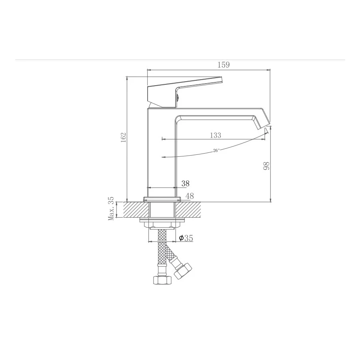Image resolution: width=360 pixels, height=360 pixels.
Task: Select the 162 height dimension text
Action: pos(123,137)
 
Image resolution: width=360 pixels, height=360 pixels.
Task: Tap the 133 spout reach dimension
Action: pos(215,135)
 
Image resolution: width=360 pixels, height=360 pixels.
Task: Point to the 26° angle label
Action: pos(216,150)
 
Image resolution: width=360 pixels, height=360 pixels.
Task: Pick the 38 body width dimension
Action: pos(185,184)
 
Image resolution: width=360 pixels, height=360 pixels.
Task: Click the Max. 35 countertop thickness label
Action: pos(111,208)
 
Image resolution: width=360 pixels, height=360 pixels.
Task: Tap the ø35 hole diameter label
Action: pos(186,238)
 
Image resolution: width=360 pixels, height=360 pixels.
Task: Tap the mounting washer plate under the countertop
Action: pos(162,220)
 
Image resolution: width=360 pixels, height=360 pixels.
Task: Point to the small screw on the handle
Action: pos(177,96)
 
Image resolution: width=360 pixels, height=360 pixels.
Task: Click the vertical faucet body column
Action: pos(162,152)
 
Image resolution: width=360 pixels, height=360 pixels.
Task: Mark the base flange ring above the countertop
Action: pos(162,198)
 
